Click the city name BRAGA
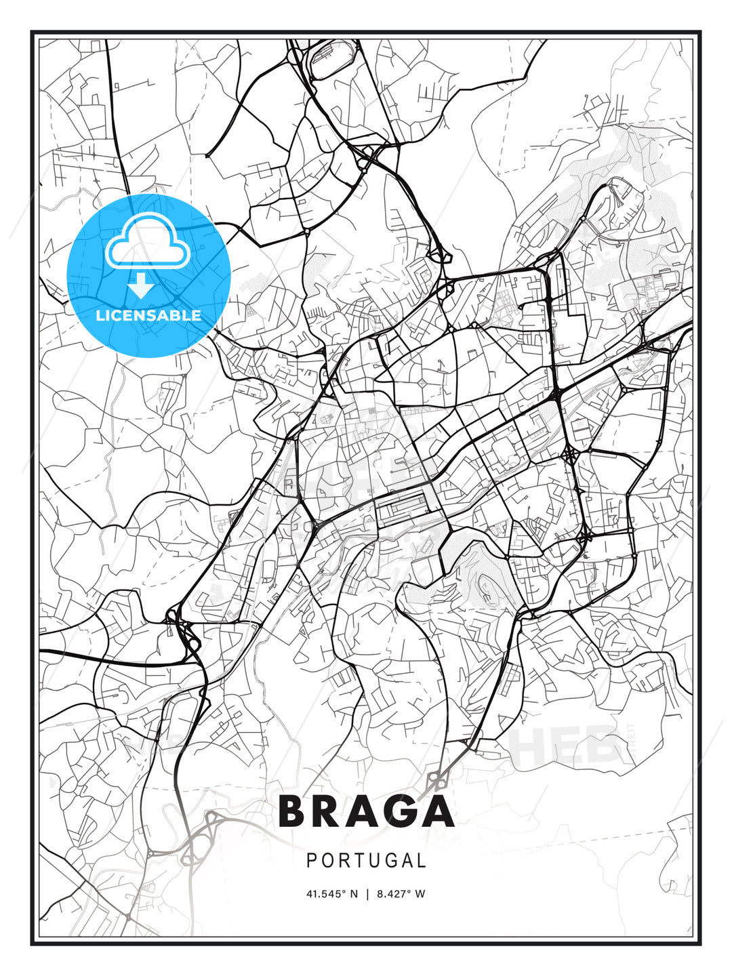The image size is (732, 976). click(x=366, y=811)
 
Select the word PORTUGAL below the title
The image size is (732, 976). click(x=366, y=861)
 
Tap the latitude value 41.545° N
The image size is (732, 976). click(x=331, y=893)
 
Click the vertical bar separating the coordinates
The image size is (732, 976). click(x=367, y=893)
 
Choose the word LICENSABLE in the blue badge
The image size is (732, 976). click(x=148, y=315)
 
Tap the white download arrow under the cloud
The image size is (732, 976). click(x=141, y=286)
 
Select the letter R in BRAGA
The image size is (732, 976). click(x=329, y=811)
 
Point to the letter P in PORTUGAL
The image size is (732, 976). click(x=312, y=861)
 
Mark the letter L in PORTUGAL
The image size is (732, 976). click(x=422, y=861)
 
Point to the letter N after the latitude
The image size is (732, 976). click(x=354, y=893)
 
